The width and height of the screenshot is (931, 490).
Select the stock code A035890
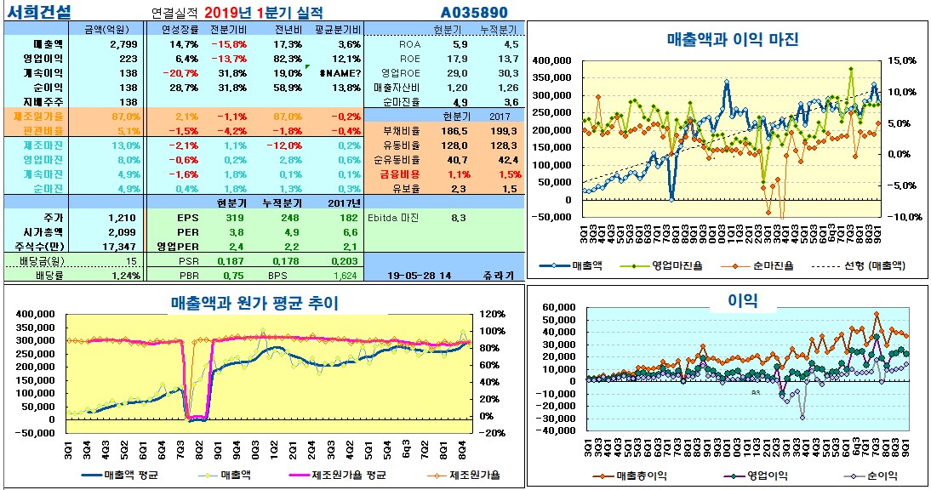[474, 13]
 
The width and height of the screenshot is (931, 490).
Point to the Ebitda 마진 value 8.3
[458, 218]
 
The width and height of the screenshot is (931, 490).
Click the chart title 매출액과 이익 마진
[732, 39]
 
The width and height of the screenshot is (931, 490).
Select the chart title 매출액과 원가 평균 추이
[254, 302]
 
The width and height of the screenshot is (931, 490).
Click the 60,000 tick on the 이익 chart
[563, 307]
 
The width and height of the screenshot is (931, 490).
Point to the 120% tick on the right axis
[493, 314]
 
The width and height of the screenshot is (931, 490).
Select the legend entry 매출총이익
[644, 476]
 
